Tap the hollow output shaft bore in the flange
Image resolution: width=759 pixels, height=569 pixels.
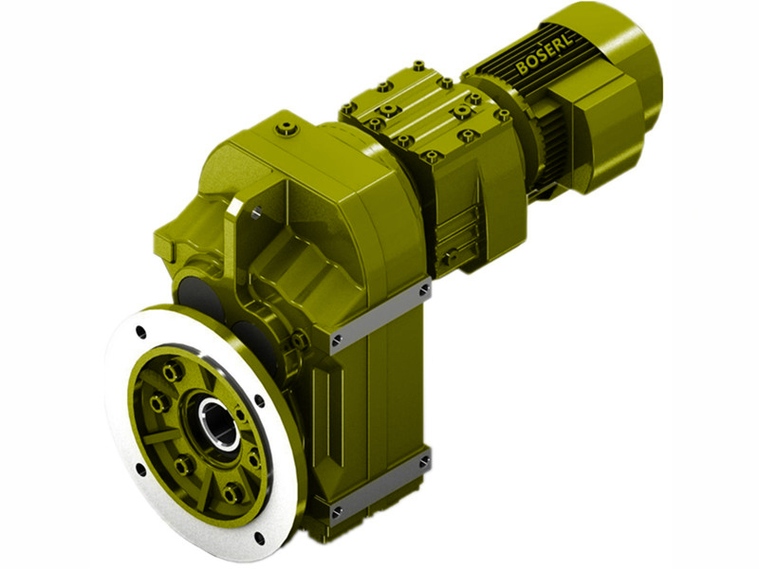pos(217,423)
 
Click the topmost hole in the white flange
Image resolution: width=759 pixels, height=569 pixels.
pos(141,332)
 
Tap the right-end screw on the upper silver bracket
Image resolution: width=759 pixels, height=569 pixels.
pos(423,287)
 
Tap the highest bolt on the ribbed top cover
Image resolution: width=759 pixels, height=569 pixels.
pos(417,66)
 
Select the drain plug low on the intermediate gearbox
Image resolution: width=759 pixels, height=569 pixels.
pos(453,254)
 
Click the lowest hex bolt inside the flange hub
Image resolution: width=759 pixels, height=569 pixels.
pos(231,492)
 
